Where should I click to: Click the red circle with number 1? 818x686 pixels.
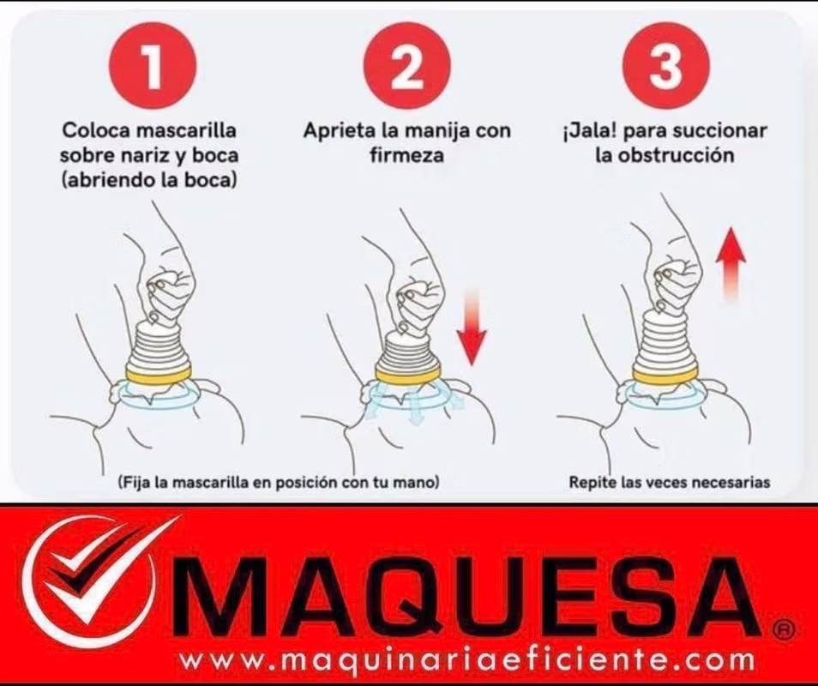click(153, 65)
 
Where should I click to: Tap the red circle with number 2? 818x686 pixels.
click(407, 65)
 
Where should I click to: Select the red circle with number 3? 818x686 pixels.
click(666, 65)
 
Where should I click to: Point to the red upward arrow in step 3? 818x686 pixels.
click(731, 265)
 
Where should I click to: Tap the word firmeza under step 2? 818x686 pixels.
click(407, 155)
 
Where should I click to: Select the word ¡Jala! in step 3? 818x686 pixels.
click(590, 131)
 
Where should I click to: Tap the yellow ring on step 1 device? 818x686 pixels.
click(158, 375)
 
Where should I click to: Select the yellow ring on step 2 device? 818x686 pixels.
click(408, 374)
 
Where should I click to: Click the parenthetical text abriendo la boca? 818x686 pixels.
click(148, 180)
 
